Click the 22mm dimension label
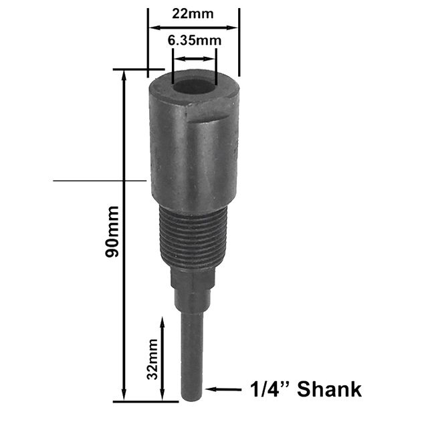coord(193,14)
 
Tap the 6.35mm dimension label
coord(195,41)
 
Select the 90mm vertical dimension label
coord(112,231)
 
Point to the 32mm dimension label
coord(152,359)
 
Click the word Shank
coord(329,389)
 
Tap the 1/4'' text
coord(270,389)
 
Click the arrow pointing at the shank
coord(223,389)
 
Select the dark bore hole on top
coord(194,86)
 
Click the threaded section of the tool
coord(193,237)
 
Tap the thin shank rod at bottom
coord(192,355)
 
